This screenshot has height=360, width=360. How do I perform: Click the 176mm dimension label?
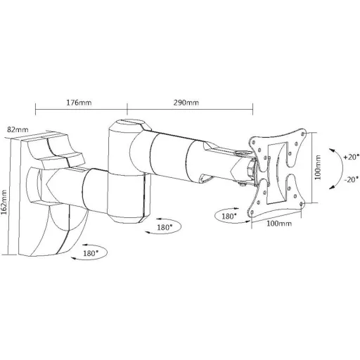point(79,103)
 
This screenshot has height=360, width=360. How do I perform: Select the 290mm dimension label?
point(186,103)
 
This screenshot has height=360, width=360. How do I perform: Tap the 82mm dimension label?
point(18,129)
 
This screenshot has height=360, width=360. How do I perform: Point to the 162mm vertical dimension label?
point(4,202)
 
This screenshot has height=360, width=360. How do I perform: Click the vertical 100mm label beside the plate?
point(318,167)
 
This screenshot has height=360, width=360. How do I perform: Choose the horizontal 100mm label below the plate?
point(279,224)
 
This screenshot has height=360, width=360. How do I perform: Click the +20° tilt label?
point(352,157)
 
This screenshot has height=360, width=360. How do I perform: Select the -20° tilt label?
point(352,179)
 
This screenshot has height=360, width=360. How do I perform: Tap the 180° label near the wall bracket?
point(91,253)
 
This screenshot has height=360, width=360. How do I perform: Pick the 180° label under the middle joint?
point(165,227)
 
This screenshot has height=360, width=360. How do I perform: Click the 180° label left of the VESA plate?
point(229,216)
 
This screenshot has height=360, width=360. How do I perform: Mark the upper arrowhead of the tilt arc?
point(331,150)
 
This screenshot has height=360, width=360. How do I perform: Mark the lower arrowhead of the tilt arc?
point(331,187)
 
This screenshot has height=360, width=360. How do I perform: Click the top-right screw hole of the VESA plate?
point(302,134)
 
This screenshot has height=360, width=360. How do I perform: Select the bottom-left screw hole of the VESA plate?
point(252,212)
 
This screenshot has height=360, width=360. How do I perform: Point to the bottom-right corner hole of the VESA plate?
point(302,203)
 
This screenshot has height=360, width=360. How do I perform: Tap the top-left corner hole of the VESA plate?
point(253,142)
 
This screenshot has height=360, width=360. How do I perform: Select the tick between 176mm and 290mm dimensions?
point(127,109)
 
